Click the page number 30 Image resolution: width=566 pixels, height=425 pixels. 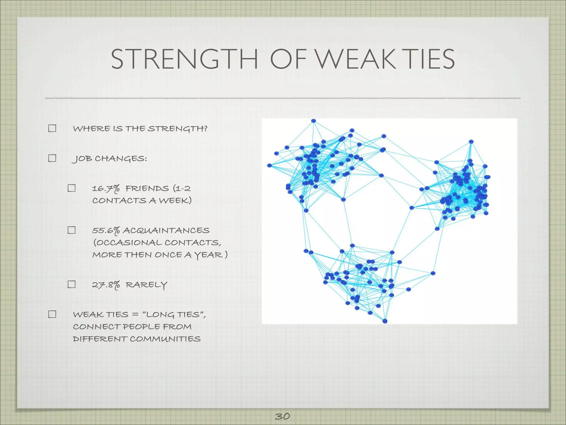click(x=282, y=416)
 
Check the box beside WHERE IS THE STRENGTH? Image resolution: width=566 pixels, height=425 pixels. click(x=52, y=128)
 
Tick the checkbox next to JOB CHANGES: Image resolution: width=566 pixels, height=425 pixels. click(x=52, y=158)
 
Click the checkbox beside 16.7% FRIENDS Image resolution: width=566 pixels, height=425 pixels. click(x=72, y=188)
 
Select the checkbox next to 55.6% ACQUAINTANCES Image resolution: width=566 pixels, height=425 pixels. click(x=72, y=230)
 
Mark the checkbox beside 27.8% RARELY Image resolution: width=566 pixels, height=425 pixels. click(x=72, y=284)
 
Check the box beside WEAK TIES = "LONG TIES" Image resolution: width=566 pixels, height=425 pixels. click(x=52, y=314)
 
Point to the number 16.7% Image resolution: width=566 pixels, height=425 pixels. click(x=106, y=189)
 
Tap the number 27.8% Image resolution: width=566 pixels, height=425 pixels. click(x=106, y=285)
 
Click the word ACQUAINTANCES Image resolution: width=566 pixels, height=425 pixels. click(x=166, y=230)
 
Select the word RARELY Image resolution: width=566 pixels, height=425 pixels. click(x=146, y=285)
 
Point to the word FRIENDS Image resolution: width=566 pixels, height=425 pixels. click(x=147, y=189)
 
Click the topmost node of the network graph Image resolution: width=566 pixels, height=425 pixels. click(x=313, y=121)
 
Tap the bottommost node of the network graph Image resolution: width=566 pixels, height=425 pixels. click(x=385, y=321)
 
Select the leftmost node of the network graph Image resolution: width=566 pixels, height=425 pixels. click(x=269, y=165)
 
